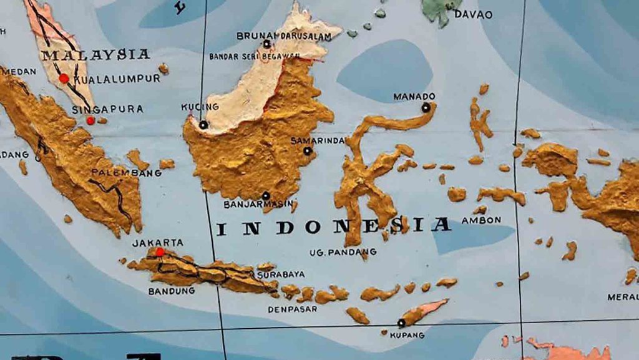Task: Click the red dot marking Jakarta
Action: (x=160, y=252)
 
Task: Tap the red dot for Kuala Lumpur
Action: (x=64, y=79)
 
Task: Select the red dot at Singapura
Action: (x=90, y=120)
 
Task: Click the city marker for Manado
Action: (x=426, y=107)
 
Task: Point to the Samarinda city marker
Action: (x=307, y=150)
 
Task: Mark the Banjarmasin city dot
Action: (x=266, y=195)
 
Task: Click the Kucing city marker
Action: (x=203, y=125)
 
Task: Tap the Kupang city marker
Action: (x=401, y=323)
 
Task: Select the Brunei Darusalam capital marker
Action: (x=267, y=44)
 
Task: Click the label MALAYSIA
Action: (x=95, y=54)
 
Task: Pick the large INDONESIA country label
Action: (x=333, y=226)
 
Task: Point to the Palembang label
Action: (x=126, y=173)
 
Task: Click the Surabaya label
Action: (x=281, y=274)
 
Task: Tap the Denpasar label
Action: (x=292, y=309)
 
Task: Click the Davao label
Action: (x=472, y=14)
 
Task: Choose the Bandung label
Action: (x=171, y=291)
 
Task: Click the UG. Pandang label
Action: (x=343, y=252)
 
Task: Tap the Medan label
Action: (x=18, y=72)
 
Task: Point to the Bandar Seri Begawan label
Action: (x=254, y=56)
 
